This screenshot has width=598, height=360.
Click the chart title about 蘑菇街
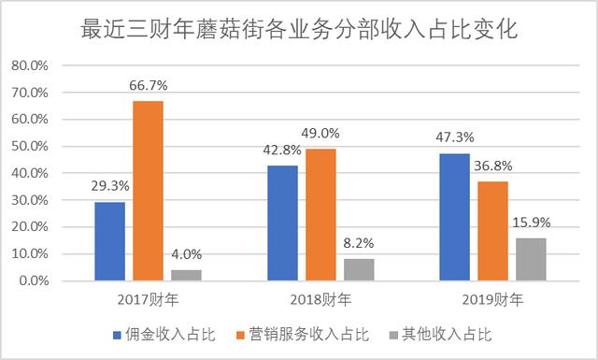(299, 28)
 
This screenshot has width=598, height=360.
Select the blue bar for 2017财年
(109, 241)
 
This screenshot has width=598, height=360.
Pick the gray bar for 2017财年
(186, 275)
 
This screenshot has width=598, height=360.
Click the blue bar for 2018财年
(282, 223)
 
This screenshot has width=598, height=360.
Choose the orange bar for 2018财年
(320, 215)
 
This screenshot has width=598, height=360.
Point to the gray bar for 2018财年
(359, 269)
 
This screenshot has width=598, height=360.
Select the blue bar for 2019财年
(455, 217)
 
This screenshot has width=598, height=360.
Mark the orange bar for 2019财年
(493, 231)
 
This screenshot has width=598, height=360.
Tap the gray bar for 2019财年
(532, 259)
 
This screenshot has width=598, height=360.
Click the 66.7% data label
(148, 86)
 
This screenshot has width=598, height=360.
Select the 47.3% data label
(455, 138)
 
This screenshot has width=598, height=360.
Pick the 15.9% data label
(532, 223)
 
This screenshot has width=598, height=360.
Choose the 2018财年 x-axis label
(320, 300)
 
